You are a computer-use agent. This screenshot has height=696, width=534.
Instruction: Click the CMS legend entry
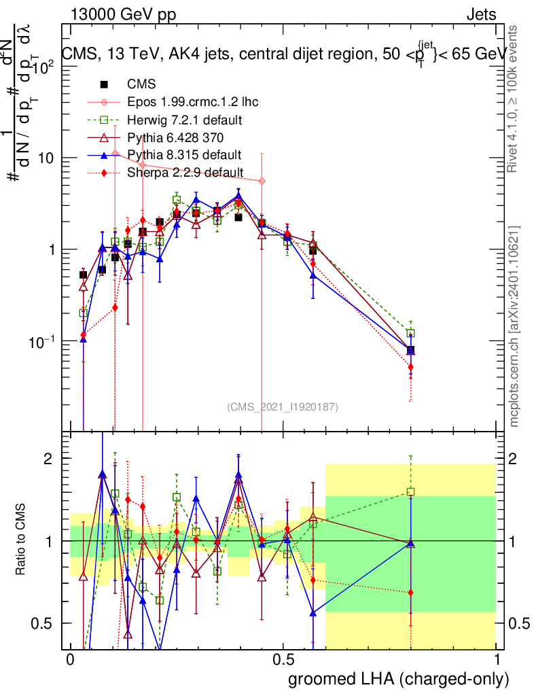point(141,85)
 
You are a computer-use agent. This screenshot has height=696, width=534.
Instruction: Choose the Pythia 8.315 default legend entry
point(185,155)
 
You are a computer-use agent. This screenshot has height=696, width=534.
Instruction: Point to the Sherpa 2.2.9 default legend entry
point(185,173)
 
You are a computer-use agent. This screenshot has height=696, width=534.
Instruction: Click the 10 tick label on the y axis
point(46,158)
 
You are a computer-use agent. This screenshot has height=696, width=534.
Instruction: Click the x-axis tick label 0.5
point(283,661)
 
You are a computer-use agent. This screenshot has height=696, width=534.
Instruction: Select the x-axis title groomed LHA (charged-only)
point(399,678)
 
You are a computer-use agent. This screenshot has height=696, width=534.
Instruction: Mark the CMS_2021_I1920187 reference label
point(283,406)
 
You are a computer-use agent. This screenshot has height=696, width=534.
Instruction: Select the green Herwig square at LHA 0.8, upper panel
point(410,334)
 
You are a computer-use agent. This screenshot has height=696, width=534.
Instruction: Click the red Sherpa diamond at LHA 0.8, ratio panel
point(410,593)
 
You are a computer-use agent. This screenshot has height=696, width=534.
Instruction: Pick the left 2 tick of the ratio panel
point(49,458)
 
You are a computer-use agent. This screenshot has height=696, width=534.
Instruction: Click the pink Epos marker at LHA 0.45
point(262,181)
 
